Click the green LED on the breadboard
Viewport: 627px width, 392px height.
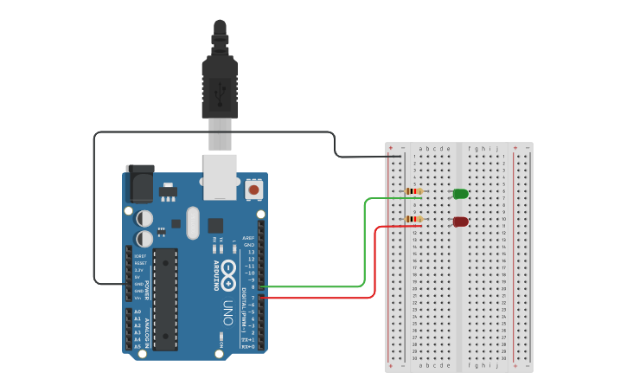click(460, 194)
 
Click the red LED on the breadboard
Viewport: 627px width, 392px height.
click(460, 222)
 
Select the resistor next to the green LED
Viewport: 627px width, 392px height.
click(414, 191)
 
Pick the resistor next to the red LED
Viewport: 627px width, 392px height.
click(414, 220)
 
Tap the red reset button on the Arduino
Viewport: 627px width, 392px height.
click(254, 188)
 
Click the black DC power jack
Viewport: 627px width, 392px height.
click(139, 183)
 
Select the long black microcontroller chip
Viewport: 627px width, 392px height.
click(166, 299)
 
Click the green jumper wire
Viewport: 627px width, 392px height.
click(364, 251)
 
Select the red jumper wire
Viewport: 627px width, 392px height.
click(374, 268)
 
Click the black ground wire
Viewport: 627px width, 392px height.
click(94, 208)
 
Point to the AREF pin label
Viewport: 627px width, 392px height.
click(248, 238)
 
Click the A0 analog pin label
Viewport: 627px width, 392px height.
click(138, 312)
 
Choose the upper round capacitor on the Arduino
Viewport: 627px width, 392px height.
click(144, 218)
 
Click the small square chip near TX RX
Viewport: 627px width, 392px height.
click(214, 225)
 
